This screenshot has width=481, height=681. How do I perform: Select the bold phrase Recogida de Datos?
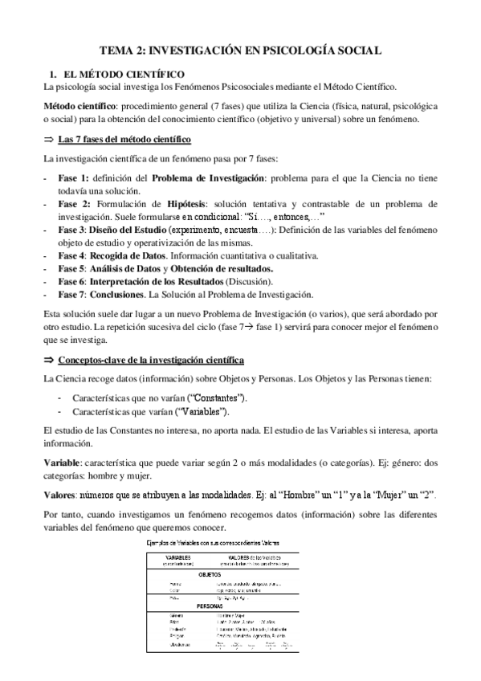tap(135, 255)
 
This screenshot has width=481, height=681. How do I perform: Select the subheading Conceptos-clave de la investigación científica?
tap(152, 360)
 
